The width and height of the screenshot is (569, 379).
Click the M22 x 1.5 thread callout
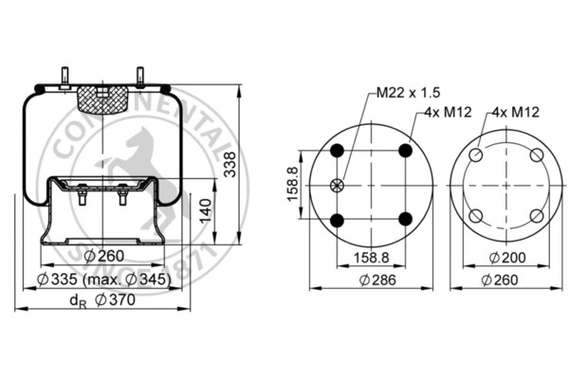coord(408,93)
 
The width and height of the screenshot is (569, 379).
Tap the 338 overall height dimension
coord(229,164)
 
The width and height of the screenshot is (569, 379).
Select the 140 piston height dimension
coord(206,210)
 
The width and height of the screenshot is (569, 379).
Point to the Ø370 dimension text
coord(115,299)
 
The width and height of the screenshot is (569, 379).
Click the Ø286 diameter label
coord(377,280)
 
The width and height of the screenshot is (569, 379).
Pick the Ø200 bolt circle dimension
coord(507,258)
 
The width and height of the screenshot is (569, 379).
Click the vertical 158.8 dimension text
coord(292,184)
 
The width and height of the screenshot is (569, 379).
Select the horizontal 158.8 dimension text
coord(371,258)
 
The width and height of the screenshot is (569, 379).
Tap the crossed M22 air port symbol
coord(337,186)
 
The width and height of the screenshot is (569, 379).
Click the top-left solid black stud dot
coord(338,150)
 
